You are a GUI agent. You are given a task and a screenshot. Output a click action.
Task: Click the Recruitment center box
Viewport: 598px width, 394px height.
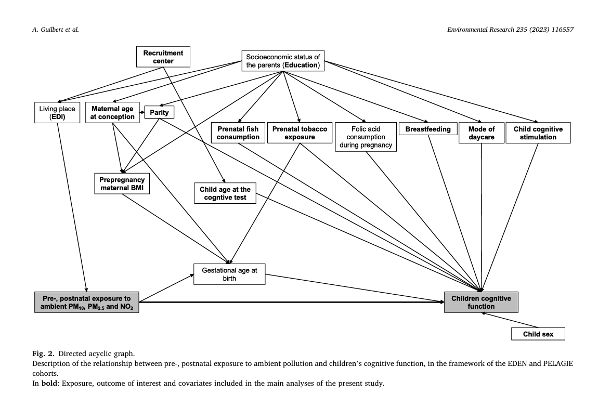[163, 57]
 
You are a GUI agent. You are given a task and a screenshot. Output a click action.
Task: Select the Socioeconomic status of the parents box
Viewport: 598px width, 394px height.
[283, 61]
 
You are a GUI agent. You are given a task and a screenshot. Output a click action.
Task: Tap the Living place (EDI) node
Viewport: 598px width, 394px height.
[57, 112]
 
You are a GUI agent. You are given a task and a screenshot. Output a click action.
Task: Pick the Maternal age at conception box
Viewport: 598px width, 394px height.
[112, 112]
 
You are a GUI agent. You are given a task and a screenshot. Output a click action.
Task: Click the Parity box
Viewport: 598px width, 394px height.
[160, 112]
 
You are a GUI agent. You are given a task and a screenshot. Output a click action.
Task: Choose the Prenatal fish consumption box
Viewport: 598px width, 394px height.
[238, 133]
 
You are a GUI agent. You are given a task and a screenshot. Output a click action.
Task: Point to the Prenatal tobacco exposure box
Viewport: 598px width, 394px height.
[300, 133]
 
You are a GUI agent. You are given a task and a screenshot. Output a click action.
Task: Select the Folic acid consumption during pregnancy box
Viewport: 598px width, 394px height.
[366, 137]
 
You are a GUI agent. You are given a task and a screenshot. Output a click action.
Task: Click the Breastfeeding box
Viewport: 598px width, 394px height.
[428, 129]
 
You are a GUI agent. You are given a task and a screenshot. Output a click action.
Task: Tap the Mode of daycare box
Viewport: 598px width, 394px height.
[482, 133]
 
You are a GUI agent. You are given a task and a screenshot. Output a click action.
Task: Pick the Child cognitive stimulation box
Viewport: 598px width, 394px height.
[538, 133]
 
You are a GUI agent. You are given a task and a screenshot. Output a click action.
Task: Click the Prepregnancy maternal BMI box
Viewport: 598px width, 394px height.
[122, 183]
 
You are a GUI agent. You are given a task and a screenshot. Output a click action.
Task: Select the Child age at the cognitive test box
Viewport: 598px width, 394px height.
[225, 193]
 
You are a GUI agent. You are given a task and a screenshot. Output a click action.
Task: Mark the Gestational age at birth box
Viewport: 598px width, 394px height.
[230, 274]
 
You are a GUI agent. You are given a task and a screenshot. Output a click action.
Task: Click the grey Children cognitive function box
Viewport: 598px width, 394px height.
[482, 302]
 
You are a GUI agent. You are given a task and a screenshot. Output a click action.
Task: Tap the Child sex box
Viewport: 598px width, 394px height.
[538, 334]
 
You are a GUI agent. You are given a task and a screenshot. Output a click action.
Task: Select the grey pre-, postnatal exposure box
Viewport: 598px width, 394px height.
[86, 302]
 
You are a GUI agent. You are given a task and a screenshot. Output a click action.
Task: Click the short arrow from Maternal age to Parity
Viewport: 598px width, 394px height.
[142, 112]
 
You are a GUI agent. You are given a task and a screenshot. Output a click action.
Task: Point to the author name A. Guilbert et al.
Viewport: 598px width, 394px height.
[56, 29]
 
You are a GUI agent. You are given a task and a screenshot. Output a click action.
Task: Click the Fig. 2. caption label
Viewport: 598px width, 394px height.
[43, 353]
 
